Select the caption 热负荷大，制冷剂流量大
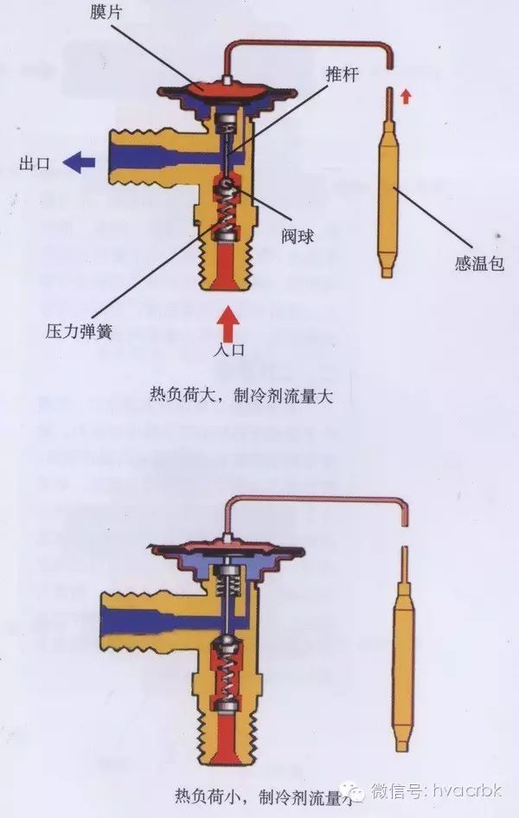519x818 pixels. (241, 393)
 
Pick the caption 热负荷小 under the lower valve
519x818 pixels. (216, 794)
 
